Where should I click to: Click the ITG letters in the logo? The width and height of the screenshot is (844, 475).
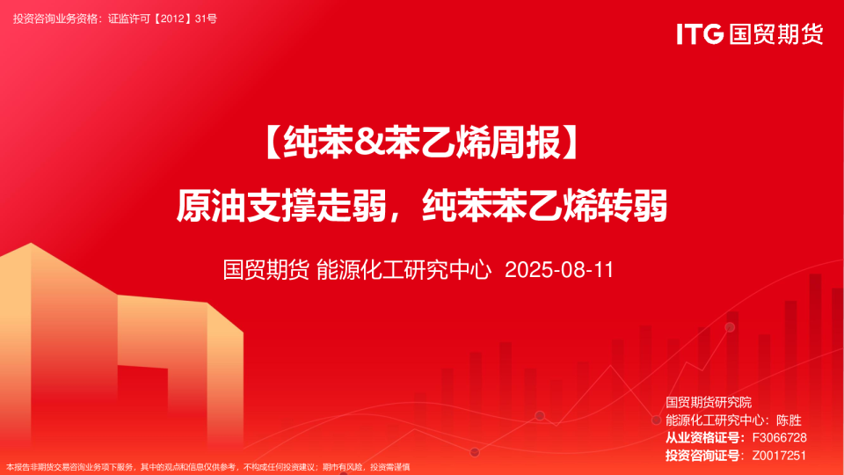[x=700, y=34]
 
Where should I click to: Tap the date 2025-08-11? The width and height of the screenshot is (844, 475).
[x=559, y=269]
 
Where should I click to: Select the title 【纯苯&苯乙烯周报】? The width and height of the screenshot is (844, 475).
[x=422, y=143]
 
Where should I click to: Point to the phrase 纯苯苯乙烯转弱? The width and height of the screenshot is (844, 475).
[x=545, y=206]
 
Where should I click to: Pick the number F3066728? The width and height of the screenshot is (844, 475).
[x=779, y=438]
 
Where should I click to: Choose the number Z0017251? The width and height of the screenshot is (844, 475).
[x=779, y=456]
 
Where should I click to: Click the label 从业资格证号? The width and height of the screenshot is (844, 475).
[x=702, y=438]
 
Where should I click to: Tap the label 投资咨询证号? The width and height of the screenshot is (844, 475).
[x=702, y=456]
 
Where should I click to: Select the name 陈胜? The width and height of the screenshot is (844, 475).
[x=789, y=420]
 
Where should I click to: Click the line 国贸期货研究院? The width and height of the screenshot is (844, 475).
[x=715, y=403]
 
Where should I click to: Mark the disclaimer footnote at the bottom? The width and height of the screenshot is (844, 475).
[x=208, y=467]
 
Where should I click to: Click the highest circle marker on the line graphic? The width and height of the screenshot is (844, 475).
[x=730, y=327]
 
